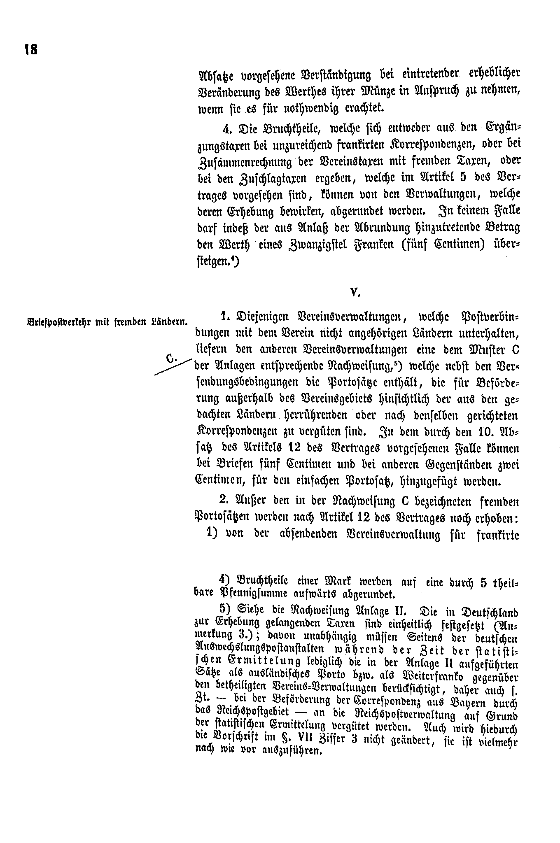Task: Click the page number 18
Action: pyautogui.click(x=31, y=50)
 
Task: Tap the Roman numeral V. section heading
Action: pyautogui.click(x=355, y=293)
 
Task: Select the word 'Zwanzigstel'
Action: pyautogui.click(x=316, y=244)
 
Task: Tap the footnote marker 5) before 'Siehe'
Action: pyautogui.click(x=225, y=610)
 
